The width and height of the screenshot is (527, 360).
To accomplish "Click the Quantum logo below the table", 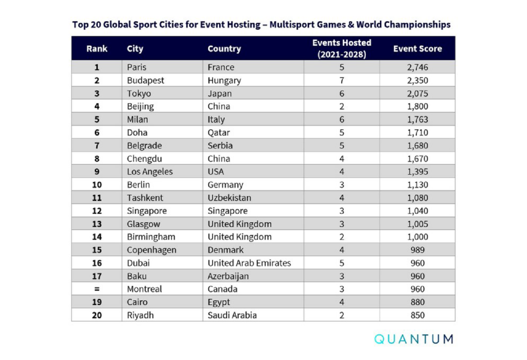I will click(x=414, y=339).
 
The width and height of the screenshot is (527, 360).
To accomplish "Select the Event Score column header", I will click(x=417, y=49).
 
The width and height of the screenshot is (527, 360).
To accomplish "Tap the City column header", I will click(x=135, y=49).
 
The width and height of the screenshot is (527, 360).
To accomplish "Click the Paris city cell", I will click(x=137, y=67).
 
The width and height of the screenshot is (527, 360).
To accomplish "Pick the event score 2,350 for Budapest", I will click(x=417, y=80).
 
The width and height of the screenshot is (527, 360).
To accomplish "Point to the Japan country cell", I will click(x=220, y=94).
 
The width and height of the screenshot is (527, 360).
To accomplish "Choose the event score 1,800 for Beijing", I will click(x=417, y=107).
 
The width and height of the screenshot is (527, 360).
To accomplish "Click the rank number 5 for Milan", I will click(x=97, y=119).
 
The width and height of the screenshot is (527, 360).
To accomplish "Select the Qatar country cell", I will click(x=219, y=132).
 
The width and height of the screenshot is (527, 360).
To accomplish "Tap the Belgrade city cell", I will click(x=144, y=146).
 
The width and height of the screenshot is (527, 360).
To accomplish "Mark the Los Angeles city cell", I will click(x=150, y=172).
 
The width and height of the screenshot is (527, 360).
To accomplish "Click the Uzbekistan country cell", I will click(x=230, y=198).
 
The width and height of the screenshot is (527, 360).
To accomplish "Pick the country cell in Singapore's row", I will click(x=227, y=211).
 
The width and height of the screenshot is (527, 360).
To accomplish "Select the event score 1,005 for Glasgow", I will click(x=417, y=224).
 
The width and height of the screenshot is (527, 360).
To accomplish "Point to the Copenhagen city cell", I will click(x=151, y=250).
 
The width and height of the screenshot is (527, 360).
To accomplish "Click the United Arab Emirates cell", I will click(x=249, y=263).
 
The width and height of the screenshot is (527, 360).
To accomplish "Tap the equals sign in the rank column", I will click(x=97, y=289).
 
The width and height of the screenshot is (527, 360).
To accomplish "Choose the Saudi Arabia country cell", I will click(x=232, y=315).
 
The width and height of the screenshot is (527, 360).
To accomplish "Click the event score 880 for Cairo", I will click(x=417, y=302).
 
